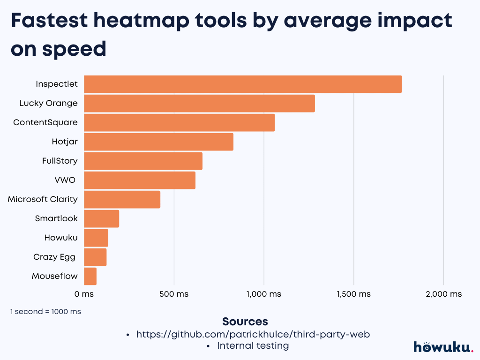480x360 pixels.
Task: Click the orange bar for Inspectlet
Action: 242,84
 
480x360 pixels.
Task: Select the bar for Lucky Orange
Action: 199,104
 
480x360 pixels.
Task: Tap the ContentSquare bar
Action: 179,123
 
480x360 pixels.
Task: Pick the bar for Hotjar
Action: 158,142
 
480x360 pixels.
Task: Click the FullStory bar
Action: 143,161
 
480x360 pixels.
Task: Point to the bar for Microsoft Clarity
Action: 122,200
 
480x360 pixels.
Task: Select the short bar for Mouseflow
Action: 90,277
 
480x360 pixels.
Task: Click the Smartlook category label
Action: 56,218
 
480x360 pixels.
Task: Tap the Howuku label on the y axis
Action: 61,238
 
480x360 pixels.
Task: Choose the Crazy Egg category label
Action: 54,257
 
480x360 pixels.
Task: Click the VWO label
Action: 65,180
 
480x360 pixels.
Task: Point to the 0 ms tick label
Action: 84,294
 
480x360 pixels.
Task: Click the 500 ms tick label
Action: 174,294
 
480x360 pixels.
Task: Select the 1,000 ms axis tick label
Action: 263,294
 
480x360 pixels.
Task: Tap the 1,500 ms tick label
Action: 353,294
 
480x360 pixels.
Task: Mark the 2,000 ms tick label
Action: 443,294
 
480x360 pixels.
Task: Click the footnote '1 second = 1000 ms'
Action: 45,311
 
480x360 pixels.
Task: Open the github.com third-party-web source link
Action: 253,334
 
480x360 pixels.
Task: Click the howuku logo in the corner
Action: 443,347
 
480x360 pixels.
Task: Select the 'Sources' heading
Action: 245,322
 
